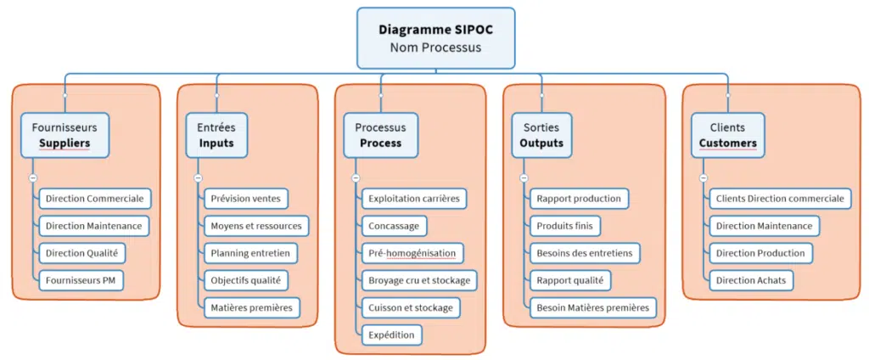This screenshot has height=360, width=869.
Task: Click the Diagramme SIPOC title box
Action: pos(434,38)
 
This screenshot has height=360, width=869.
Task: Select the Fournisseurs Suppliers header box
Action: pos(64,135)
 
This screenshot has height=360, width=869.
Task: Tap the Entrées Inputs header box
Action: pos(216,135)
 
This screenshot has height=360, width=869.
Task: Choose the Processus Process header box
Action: pos(380,135)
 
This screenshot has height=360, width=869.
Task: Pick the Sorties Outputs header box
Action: pos(541,135)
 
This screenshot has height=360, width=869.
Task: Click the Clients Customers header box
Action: pos(727,135)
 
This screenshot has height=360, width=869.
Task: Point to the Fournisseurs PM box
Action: pos(81,280)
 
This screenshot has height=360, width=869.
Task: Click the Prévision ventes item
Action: pos(246,199)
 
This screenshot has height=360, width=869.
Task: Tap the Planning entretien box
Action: pos(250,253)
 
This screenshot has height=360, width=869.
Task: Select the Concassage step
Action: pos(393,226)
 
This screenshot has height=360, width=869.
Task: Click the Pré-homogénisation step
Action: pos(412,253)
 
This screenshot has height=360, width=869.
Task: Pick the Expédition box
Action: pos(391,335)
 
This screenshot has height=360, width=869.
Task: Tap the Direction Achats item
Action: pos(751,280)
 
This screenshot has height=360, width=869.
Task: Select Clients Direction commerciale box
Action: pos(780,199)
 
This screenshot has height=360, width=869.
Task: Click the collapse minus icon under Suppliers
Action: pos(32,178)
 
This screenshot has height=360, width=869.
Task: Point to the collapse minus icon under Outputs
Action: pos(524,178)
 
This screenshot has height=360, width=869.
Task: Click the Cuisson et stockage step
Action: pos(411,307)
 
